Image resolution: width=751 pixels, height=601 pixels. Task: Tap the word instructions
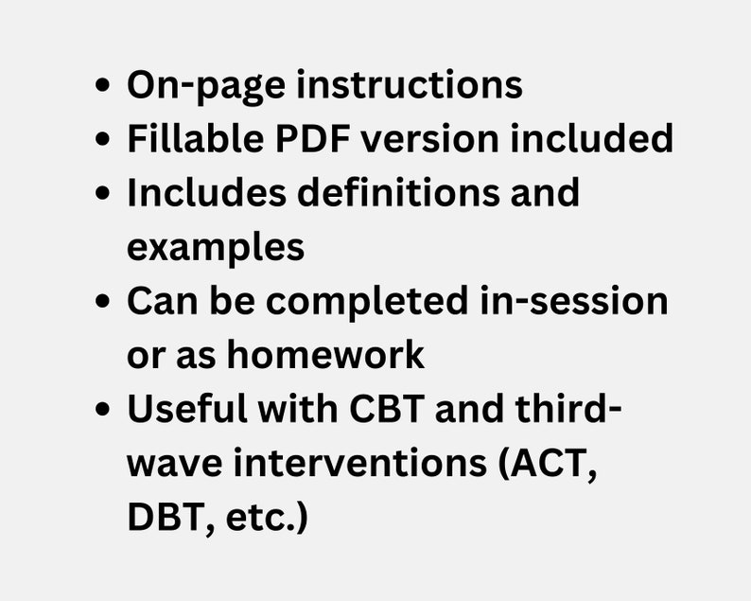pos(410,85)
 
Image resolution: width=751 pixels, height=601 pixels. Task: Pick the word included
pos(591,139)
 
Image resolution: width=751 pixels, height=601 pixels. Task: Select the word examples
pos(216,247)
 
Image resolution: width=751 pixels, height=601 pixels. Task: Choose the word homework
pos(324,356)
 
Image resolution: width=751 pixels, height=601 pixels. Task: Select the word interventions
pos(366,465)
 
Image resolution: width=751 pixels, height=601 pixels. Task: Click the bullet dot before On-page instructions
pos(103,86)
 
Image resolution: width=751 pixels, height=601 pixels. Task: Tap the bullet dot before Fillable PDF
pos(103,140)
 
